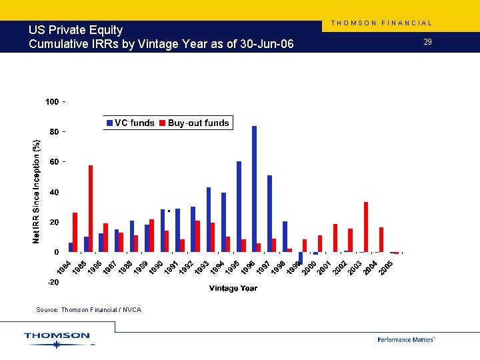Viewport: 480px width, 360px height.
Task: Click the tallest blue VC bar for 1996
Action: click(x=254, y=189)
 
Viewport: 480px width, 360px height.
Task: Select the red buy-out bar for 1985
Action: click(x=91, y=209)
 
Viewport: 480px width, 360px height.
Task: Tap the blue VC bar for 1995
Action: click(x=239, y=207)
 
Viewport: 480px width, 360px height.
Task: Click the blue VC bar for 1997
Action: click(x=269, y=213)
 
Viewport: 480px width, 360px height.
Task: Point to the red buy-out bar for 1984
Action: click(x=75, y=232)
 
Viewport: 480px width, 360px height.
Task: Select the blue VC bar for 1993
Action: click(x=209, y=219)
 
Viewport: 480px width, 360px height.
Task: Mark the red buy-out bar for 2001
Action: click(x=335, y=238)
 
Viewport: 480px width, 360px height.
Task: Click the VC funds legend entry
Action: click(x=130, y=123)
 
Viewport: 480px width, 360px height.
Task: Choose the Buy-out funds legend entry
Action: click(x=193, y=123)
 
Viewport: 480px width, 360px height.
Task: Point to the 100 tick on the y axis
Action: click(x=53, y=101)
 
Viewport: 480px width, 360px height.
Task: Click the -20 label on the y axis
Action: click(x=53, y=283)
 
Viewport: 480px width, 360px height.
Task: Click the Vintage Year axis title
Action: click(x=233, y=288)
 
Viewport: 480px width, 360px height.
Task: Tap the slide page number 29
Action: click(x=427, y=42)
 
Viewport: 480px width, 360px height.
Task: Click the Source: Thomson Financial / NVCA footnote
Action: click(x=89, y=309)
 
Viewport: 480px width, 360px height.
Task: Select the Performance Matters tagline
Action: click(x=405, y=339)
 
